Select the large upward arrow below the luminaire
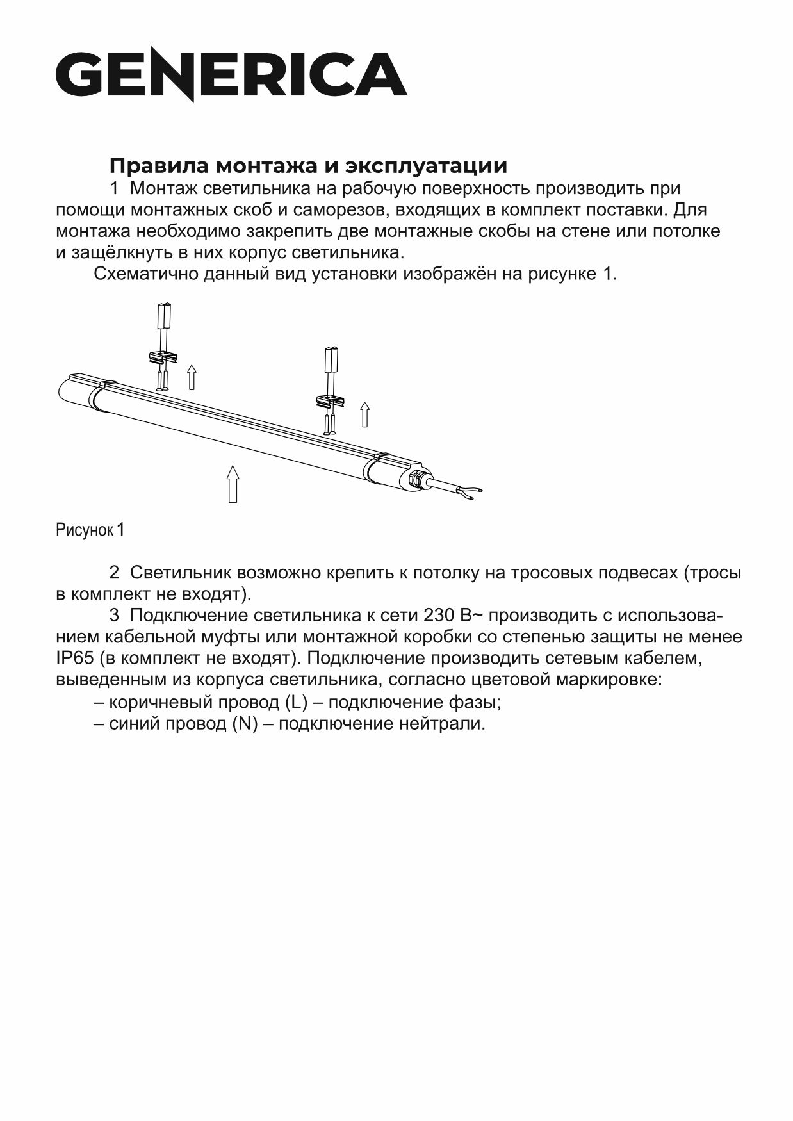click(x=233, y=484)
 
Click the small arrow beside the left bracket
click(x=191, y=377)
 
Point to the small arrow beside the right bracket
click(x=364, y=414)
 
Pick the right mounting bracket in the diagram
click(x=331, y=402)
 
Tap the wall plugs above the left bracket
click(x=165, y=316)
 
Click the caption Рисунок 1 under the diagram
click(x=90, y=530)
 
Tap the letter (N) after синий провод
click(x=245, y=724)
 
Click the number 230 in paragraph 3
click(x=439, y=616)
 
